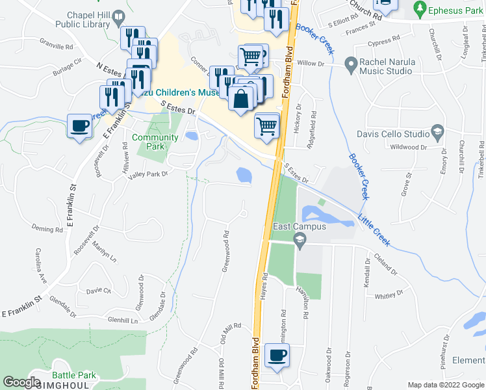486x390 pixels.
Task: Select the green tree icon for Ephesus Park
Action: tap(420, 9)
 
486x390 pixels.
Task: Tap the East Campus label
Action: tap(300, 227)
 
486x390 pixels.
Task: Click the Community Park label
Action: tap(155, 142)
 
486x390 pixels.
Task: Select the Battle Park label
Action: tap(74, 375)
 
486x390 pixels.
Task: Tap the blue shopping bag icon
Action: tap(240, 99)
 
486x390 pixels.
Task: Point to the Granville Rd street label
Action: tap(56, 47)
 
